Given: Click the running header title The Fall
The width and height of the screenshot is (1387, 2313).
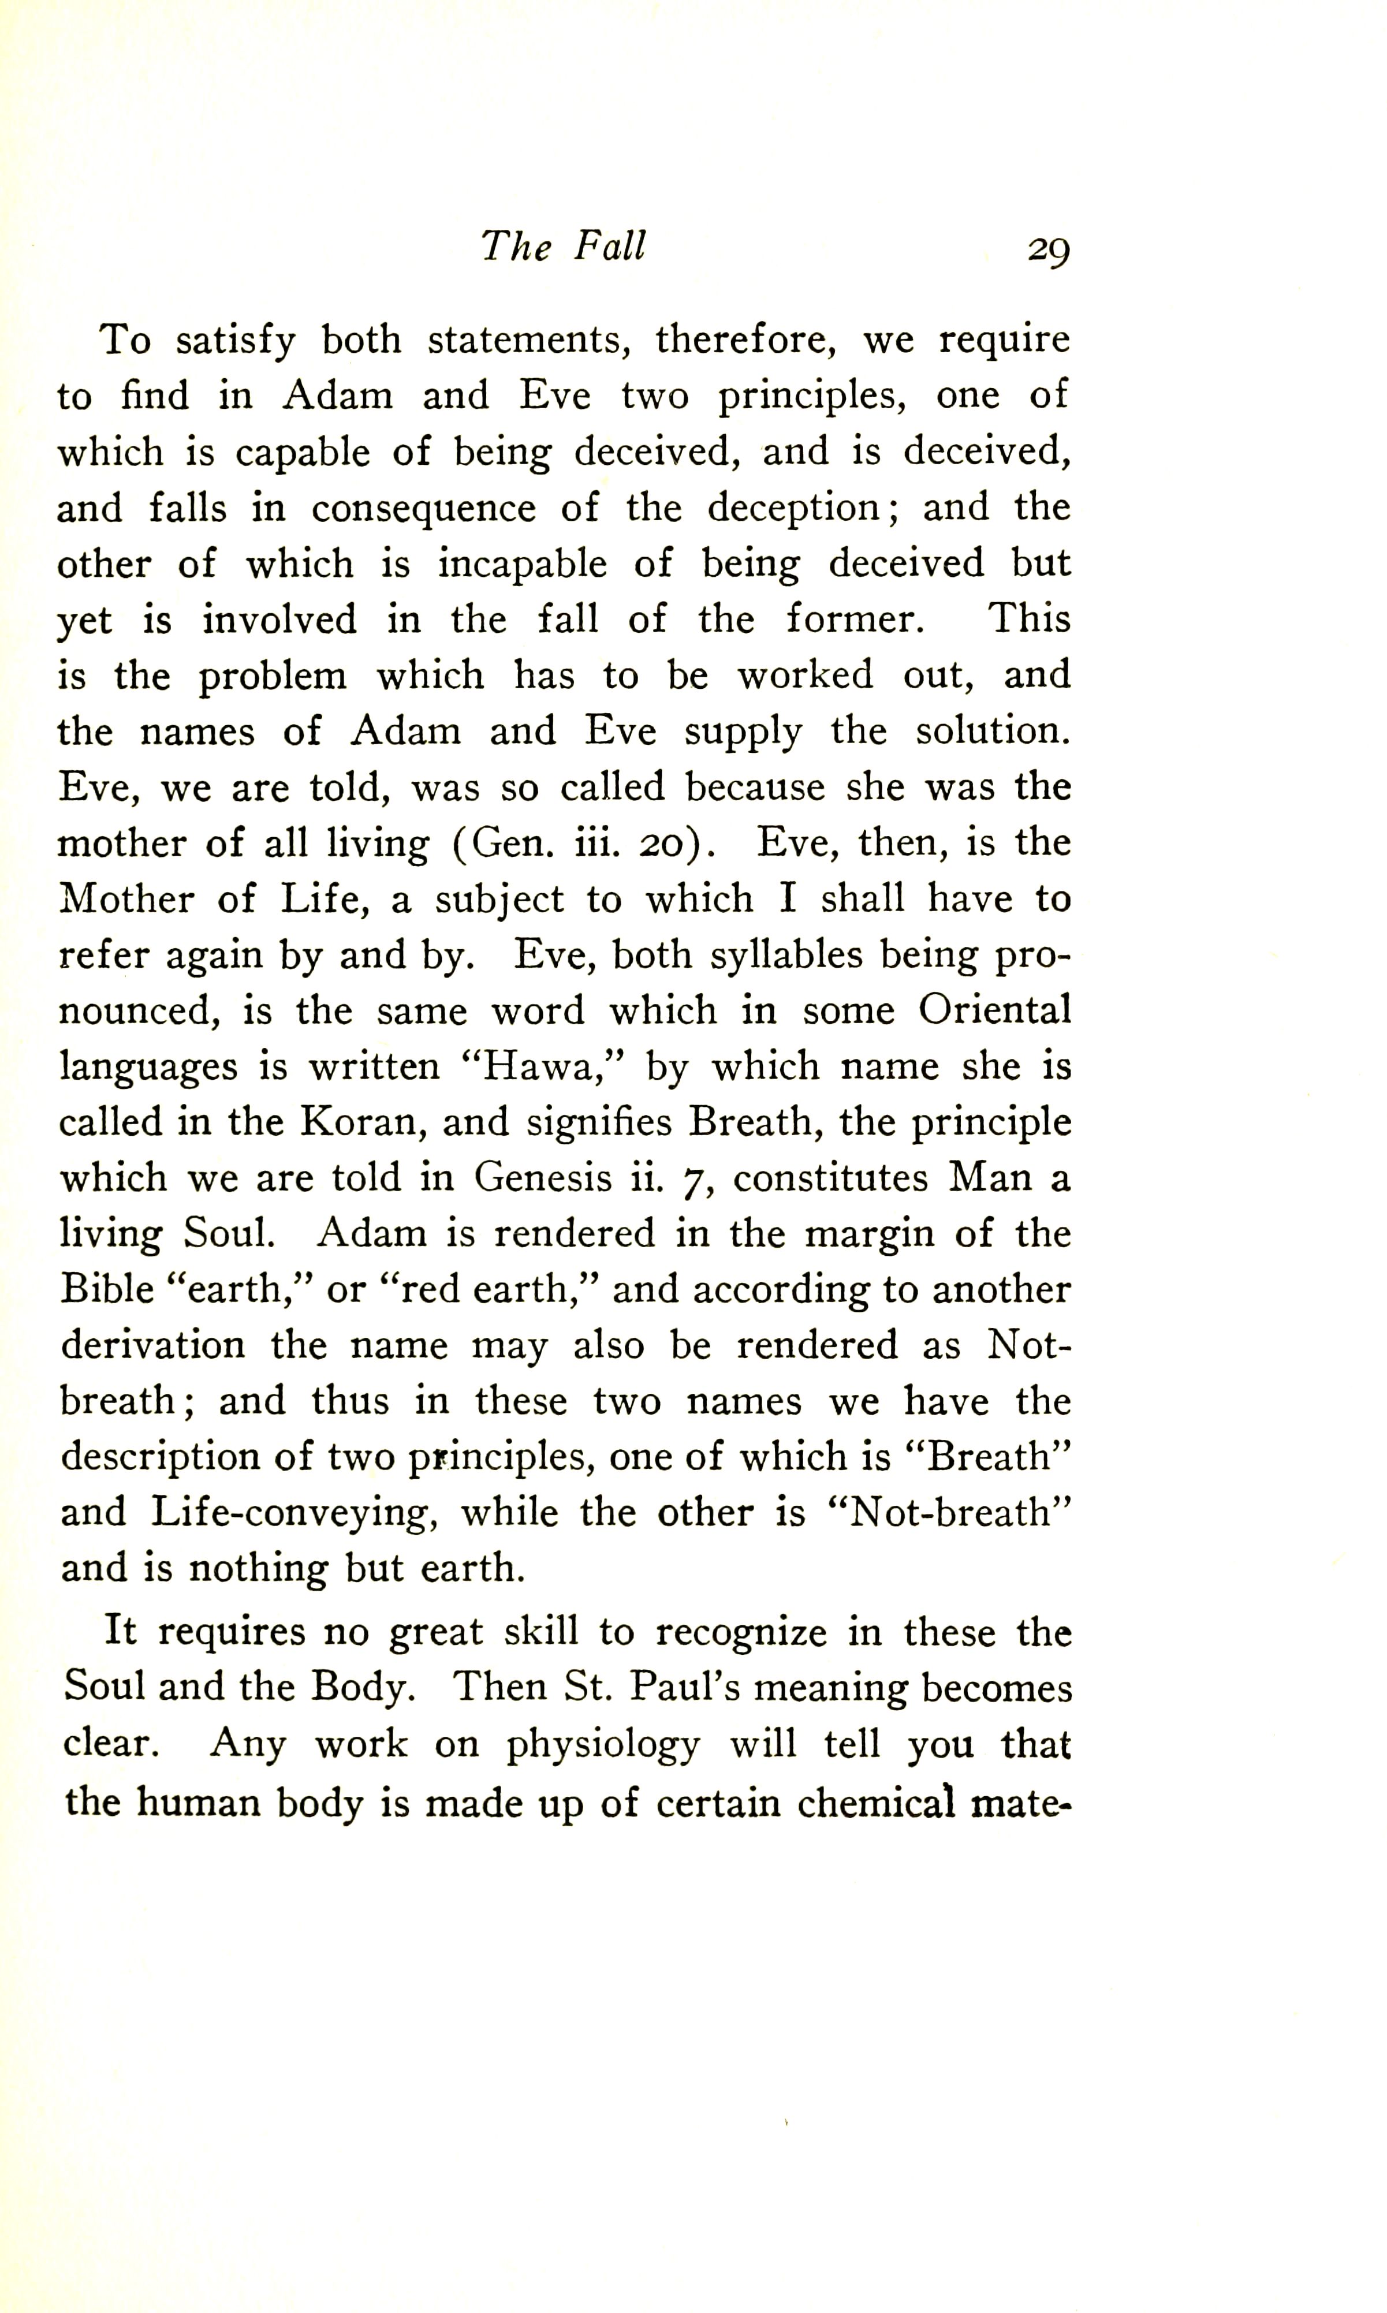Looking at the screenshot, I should coord(562,246).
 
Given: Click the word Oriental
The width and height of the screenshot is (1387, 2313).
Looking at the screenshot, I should coord(994,1010).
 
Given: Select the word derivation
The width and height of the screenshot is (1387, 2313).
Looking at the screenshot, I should coord(153,1346).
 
